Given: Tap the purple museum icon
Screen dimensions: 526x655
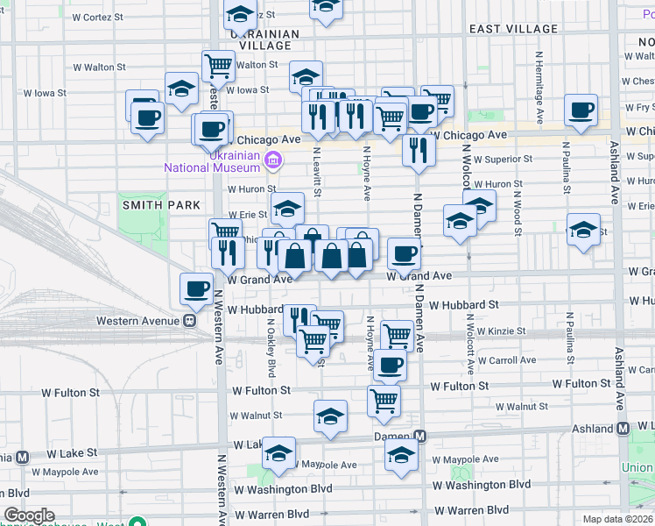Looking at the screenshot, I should (273, 160).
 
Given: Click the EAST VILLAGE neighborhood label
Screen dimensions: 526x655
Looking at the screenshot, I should (513, 29).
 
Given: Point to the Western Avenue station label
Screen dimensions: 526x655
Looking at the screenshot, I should (137, 320).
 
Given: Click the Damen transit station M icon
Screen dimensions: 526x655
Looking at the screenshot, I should (420, 437).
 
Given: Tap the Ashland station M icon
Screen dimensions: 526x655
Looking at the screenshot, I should (623, 429).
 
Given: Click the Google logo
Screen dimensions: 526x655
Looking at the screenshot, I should (29, 515).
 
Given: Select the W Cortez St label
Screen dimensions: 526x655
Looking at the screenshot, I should (100, 17).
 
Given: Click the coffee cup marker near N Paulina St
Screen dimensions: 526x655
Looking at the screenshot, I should (581, 110).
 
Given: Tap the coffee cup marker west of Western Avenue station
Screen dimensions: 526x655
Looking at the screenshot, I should (196, 288).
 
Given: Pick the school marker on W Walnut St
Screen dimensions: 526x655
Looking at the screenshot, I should (330, 416).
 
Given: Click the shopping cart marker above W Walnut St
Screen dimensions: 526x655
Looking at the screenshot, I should (384, 401).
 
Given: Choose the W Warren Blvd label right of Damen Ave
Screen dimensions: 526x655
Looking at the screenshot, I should (472, 509).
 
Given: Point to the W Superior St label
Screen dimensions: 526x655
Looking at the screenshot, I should (497, 159).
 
